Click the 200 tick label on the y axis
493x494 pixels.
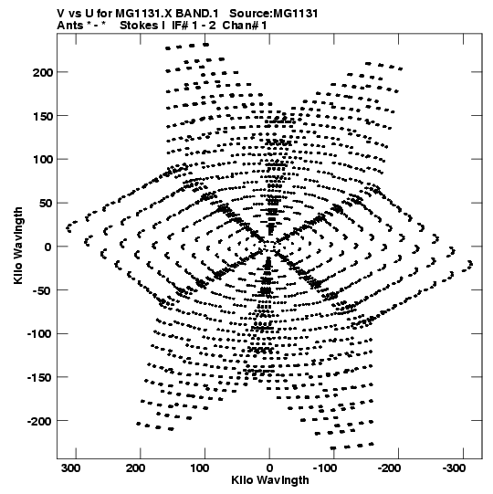[43, 72]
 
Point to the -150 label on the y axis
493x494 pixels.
[38, 377]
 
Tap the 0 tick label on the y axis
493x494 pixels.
[47, 247]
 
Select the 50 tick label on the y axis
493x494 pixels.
[46, 204]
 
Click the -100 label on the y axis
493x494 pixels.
[38, 334]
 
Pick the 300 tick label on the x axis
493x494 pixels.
[71, 468]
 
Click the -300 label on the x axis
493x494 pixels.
[454, 468]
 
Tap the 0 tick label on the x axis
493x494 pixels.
[269, 468]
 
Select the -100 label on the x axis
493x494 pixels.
[324, 468]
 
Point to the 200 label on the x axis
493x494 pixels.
[135, 468]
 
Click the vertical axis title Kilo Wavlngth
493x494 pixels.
[18, 246]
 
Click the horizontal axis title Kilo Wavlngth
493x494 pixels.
[270, 480]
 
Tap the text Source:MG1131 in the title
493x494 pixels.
[274, 14]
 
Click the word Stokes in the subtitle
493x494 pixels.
[140, 26]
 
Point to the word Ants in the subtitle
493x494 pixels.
[70, 26]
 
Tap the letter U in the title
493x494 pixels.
[87, 14]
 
